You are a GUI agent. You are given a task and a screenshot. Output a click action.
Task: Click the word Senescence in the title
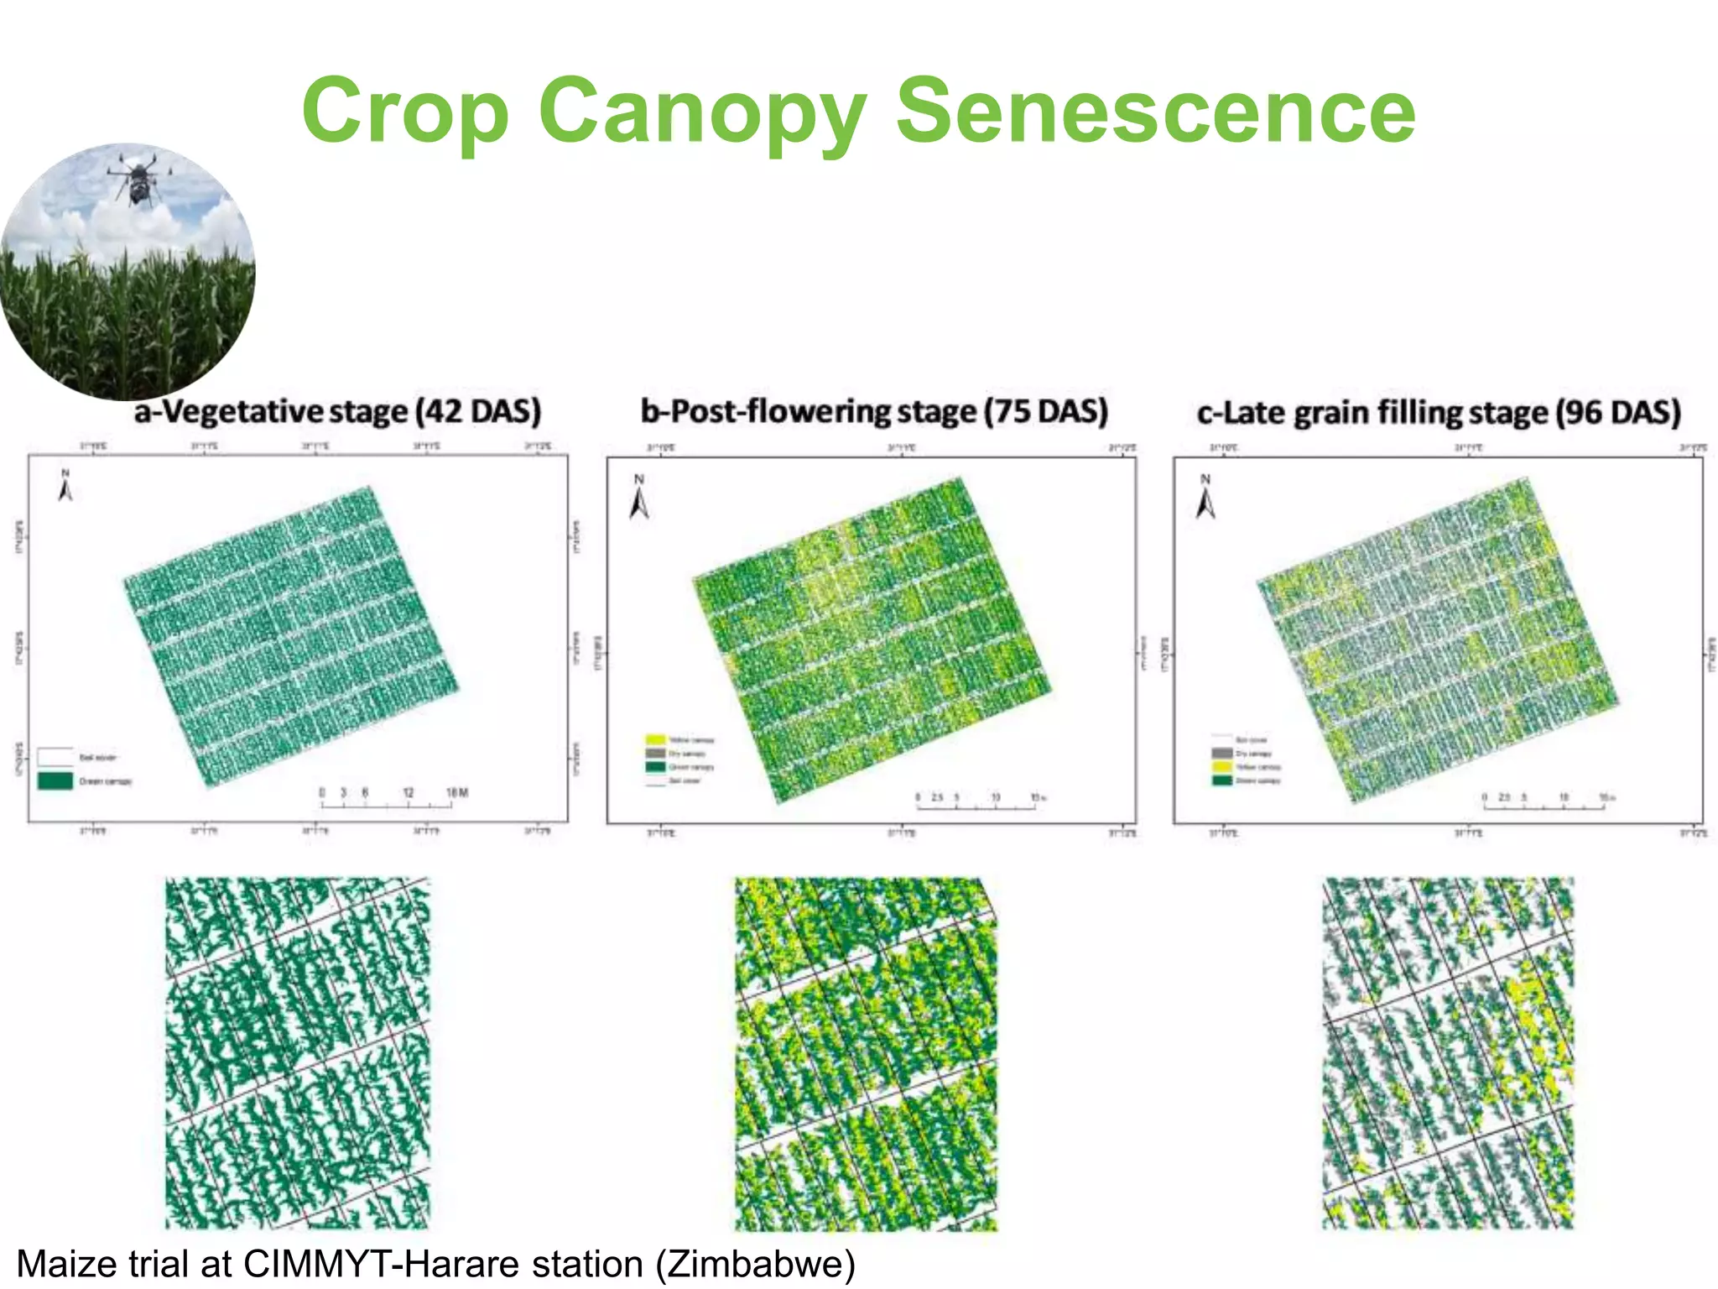1156,111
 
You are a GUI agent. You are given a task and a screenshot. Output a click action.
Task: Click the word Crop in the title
406,111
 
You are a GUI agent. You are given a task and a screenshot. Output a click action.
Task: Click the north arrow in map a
65,487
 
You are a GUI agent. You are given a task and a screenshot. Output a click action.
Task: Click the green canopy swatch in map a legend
55,781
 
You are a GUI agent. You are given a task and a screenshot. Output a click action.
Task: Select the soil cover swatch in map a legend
55,757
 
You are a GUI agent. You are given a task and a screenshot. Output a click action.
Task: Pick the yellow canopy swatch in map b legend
655,739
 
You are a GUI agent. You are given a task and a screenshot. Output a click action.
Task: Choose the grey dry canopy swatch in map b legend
655,753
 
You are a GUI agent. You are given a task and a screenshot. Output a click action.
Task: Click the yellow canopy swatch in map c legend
1222,767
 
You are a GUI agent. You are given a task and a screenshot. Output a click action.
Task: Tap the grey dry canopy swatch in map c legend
1222,754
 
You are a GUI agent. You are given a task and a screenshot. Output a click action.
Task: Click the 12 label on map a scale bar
409,792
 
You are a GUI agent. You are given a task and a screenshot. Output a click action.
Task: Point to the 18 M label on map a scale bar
457,792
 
